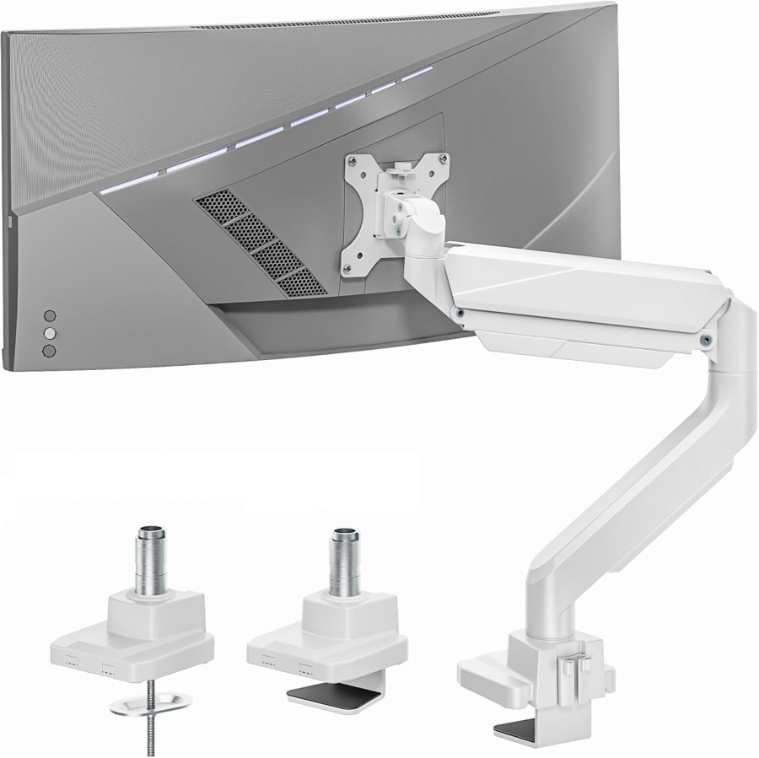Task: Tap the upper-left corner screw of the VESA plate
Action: pos(348,159)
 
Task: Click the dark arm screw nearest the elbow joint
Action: pos(703,340)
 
